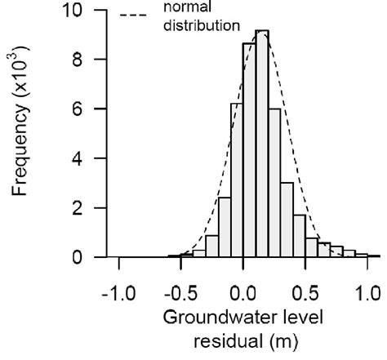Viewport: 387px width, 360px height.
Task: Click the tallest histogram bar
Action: pos(261,147)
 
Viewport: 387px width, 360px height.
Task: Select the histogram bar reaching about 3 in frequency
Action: pos(286,220)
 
